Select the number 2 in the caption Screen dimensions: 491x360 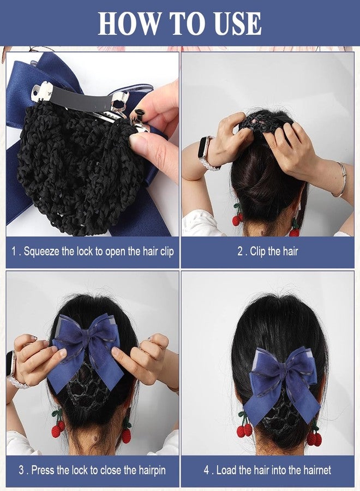tap(240, 253)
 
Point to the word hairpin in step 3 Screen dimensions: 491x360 tap(147, 470)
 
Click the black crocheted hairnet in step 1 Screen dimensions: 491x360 tap(76, 164)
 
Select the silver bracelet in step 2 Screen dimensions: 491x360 tap(341, 181)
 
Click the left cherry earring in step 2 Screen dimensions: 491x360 tap(237, 217)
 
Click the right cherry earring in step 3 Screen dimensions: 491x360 tap(126, 431)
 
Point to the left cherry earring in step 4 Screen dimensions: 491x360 tap(244, 428)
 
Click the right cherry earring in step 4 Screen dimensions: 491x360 tap(314, 436)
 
